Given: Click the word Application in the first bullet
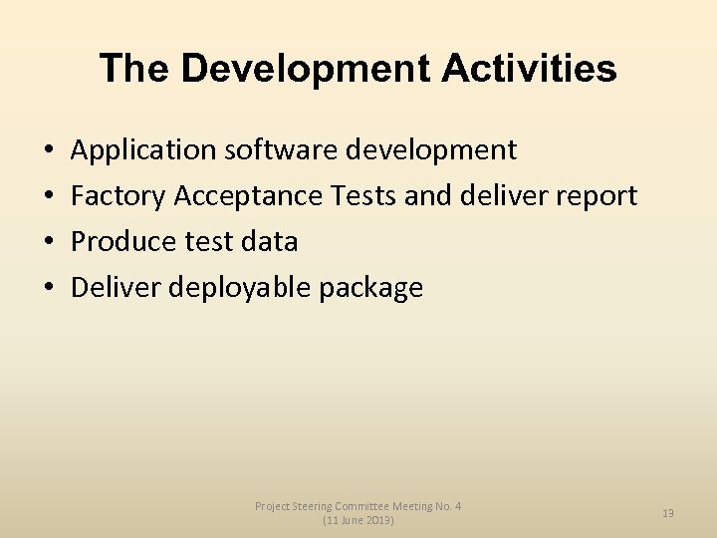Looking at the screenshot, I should coord(143,150).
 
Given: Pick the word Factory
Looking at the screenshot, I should coord(119,196).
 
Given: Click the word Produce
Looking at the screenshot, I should coord(123,242).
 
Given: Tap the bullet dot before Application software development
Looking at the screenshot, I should coord(49,151).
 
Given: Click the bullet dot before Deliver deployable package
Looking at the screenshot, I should coord(49,289).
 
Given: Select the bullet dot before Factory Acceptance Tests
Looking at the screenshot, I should coord(49,197).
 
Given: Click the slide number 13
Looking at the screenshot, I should coord(668,513).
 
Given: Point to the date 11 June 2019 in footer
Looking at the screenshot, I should coord(358,521).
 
